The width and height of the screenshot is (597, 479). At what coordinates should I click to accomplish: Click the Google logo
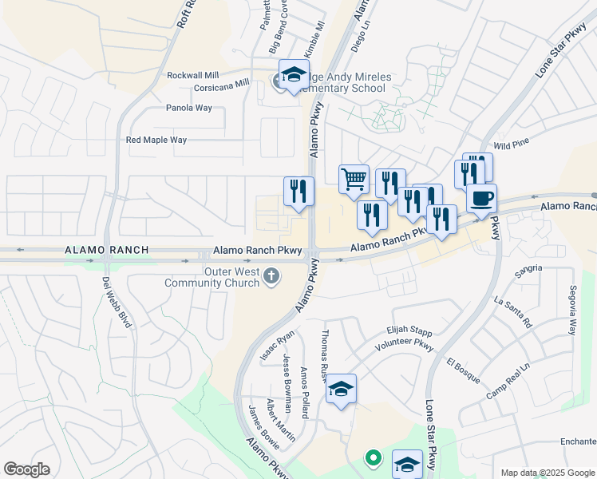26,469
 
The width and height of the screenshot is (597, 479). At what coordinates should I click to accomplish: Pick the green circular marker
372,458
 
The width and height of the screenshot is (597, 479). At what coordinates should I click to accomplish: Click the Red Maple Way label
156,140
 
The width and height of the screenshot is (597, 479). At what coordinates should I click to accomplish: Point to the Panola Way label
189,108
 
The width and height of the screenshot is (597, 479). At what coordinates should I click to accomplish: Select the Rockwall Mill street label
192,75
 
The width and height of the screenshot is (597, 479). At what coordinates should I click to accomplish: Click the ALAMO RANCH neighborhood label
106,250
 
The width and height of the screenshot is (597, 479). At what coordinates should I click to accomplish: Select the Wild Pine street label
512,144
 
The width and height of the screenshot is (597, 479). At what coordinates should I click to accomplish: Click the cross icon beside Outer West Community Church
271,276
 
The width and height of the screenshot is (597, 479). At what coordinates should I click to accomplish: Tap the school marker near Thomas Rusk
341,388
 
